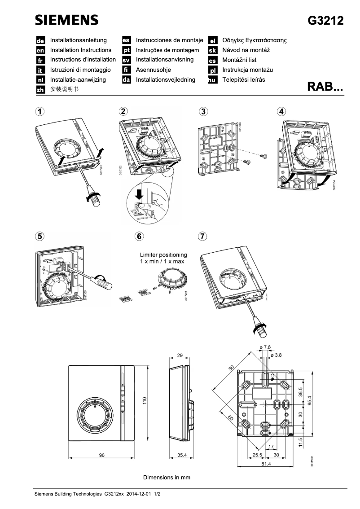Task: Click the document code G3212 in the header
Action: point(325,21)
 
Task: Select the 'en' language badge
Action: point(40,50)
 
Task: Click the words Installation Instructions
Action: point(81,50)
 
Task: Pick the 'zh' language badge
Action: point(40,90)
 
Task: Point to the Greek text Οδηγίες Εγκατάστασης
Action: point(255,40)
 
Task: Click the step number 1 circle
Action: point(40,111)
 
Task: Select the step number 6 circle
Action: point(140,236)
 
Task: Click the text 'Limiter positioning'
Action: point(162,254)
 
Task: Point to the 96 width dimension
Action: point(101,455)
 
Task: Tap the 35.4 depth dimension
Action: point(182,455)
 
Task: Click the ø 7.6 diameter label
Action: point(265,347)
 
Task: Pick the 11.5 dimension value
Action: point(301,442)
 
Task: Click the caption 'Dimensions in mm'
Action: point(167,477)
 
